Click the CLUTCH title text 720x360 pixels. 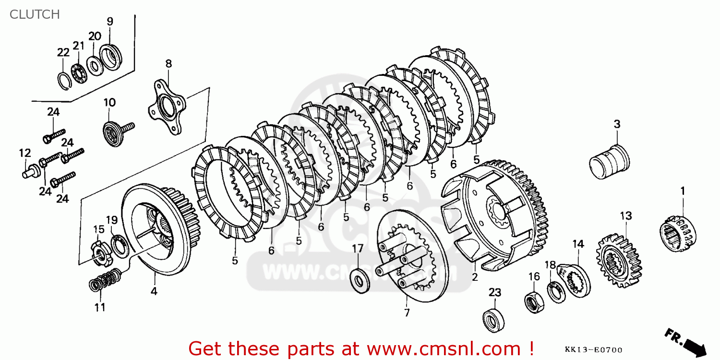pos(35,14)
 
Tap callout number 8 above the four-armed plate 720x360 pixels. pos(168,64)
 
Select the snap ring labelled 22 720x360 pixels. pos(64,82)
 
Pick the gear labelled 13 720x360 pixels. pos(619,262)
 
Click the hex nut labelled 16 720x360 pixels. pos(534,302)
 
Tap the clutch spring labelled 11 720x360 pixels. pos(105,280)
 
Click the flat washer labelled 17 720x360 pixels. pos(360,281)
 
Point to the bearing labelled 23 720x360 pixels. pos(493,320)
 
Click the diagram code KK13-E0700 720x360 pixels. pos(593,350)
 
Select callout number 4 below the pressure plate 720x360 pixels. pos(154,291)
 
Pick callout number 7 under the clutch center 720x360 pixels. pos(407,312)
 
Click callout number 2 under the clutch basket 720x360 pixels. pos(475,277)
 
